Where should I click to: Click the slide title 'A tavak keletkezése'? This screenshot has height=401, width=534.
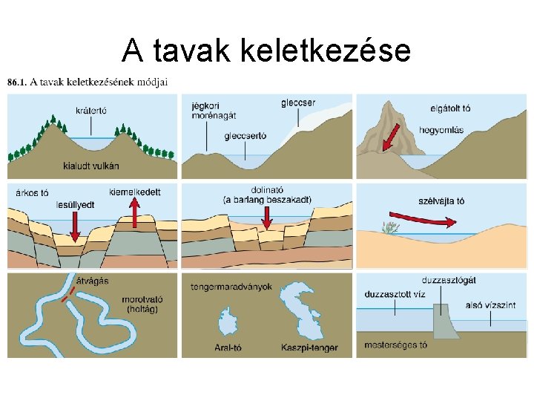[266, 50]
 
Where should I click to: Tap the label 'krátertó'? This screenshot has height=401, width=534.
[91, 111]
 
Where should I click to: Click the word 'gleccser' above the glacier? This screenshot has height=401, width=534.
[299, 102]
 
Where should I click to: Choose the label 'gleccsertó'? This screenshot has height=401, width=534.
[245, 136]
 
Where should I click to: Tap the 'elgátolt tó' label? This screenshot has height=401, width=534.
[450, 108]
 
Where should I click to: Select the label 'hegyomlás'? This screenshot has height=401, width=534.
[441, 130]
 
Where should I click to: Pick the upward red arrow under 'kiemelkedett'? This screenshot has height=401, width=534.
[135, 215]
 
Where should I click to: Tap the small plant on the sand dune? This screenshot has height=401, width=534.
[387, 226]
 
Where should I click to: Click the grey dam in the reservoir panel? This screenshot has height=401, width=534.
[443, 324]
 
